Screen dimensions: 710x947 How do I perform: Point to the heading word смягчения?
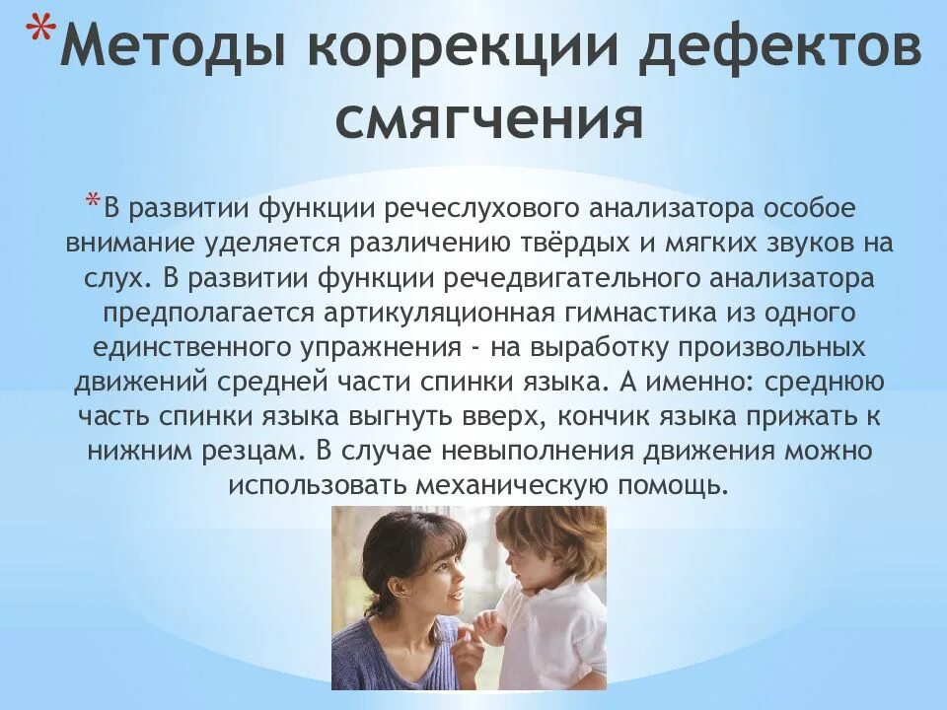click(490, 120)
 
